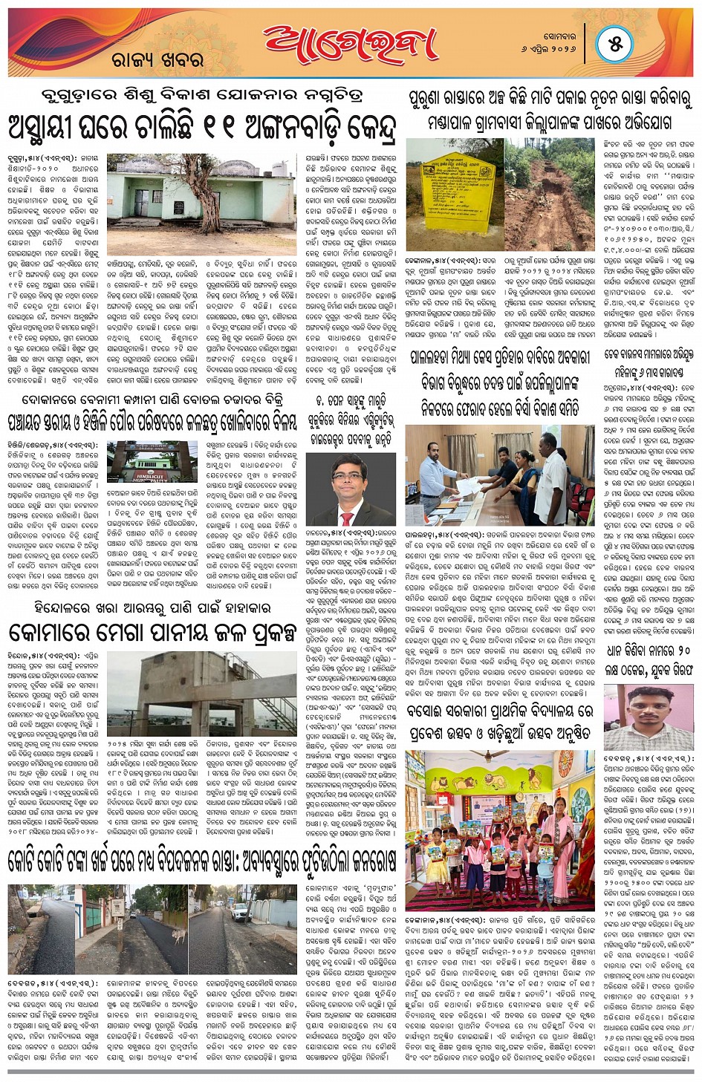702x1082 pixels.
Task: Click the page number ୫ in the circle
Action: [616, 44]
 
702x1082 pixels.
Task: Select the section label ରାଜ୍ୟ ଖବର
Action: [157, 60]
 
